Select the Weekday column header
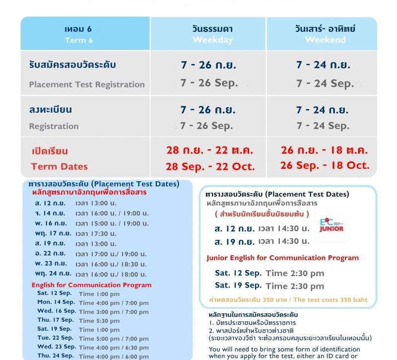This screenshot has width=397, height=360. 212,34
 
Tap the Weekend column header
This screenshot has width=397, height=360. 325,34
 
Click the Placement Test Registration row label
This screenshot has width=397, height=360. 87,84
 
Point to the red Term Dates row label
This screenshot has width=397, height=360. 59,166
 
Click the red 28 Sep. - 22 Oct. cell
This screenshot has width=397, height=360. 210,167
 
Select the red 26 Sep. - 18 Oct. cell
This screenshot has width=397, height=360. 325,165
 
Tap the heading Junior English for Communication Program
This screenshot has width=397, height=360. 282,258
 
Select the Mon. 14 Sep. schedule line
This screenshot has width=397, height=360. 93,302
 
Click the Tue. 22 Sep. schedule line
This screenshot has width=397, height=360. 93,338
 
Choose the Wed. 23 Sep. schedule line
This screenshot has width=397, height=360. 93,347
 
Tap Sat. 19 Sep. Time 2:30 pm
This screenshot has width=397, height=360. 269,286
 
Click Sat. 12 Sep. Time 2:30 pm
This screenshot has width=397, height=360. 269,273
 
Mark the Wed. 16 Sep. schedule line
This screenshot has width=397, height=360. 93,311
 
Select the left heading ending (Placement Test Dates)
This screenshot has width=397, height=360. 104,184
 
